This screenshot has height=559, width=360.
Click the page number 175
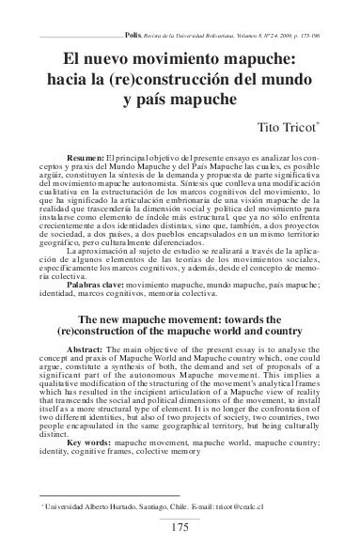click(x=181, y=526)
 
